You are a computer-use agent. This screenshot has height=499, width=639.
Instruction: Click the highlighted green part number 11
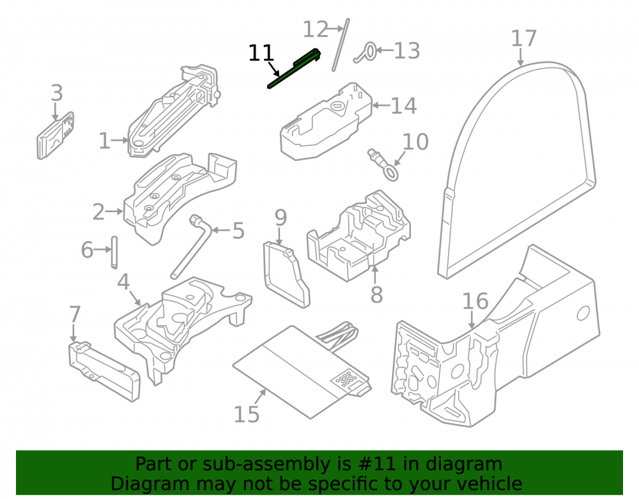[x=293, y=68]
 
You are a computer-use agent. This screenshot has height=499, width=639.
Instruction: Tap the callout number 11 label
[x=261, y=53]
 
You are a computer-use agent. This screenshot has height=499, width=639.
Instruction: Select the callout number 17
[x=524, y=39]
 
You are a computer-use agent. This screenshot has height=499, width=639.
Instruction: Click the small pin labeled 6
[x=114, y=252]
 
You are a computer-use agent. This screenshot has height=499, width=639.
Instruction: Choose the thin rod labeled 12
[x=341, y=45]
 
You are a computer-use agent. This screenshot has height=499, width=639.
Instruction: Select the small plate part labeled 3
[x=56, y=135]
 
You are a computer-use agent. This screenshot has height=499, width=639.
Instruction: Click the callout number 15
[x=247, y=414]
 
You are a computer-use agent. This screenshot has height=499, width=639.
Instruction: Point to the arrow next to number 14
[x=381, y=105]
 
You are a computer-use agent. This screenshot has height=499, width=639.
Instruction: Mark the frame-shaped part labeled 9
[x=286, y=273]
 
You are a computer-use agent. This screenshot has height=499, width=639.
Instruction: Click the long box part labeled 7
[x=104, y=371]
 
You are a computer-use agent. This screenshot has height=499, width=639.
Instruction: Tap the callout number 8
[x=376, y=294]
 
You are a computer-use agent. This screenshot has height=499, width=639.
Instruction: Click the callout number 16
[x=475, y=302]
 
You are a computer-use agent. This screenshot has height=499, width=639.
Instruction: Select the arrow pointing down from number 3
[x=55, y=112]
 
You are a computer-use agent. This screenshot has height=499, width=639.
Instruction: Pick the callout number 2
[x=98, y=212]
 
